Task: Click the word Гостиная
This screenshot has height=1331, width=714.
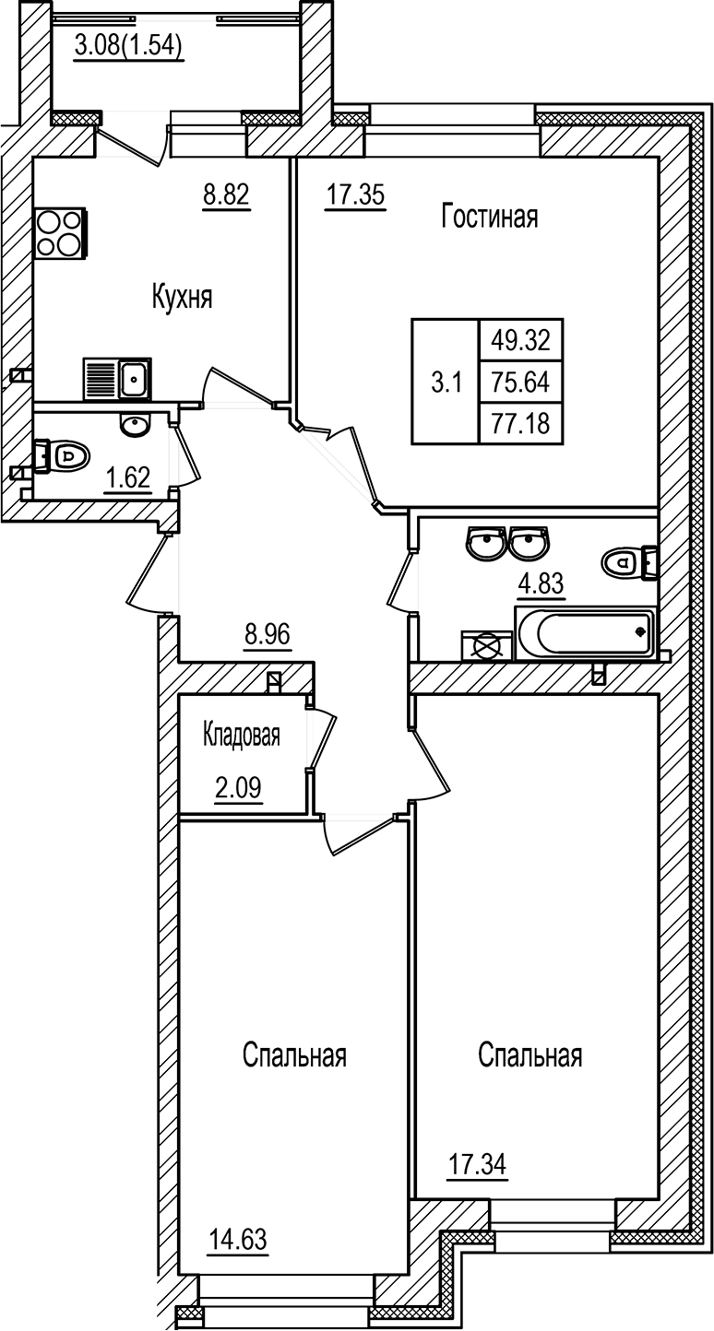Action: click(489, 218)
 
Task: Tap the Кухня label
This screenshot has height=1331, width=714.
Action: click(183, 297)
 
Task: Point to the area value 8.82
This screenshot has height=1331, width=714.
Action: click(227, 194)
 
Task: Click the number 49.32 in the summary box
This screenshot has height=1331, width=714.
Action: click(520, 341)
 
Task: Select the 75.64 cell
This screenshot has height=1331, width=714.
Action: click(520, 382)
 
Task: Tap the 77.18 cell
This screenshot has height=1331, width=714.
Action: click(520, 422)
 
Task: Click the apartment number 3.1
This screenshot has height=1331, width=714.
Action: click(446, 382)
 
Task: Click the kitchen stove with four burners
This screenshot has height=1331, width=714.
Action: click(60, 233)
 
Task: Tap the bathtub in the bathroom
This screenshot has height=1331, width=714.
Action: click(585, 633)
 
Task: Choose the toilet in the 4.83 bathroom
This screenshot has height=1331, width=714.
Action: click(629, 560)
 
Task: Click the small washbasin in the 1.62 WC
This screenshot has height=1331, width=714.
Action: click(136, 425)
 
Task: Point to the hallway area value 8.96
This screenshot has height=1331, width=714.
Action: click(268, 635)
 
